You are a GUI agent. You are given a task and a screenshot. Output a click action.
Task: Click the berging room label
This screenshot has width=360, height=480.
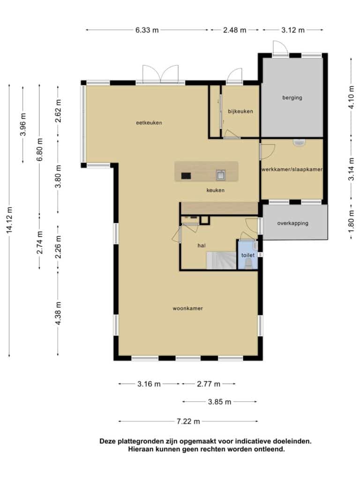coord(292,97)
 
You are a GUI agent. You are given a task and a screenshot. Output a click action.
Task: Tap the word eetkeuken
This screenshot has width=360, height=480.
coord(149,123)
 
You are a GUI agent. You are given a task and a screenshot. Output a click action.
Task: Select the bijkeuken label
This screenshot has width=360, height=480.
coord(240,112)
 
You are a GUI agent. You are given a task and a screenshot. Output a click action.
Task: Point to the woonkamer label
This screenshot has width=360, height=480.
coord(187,308)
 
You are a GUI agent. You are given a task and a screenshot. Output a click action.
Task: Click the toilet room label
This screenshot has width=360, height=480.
coord(248,255)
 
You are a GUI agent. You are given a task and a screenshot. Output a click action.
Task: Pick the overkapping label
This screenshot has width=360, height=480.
coord(292,223)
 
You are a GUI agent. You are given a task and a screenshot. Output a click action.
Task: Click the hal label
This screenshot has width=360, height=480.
coord(202,246)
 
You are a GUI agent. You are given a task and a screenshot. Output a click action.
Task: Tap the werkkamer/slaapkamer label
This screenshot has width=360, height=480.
coord(292,169)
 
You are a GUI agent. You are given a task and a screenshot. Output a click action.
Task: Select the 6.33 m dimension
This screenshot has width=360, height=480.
coord(147,30)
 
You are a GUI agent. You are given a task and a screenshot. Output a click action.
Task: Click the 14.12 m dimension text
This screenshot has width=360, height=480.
coord(9,220)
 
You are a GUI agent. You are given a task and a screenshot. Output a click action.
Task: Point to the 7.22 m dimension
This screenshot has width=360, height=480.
coord(188,421)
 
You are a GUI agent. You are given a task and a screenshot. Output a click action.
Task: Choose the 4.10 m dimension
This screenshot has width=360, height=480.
coord(352,97)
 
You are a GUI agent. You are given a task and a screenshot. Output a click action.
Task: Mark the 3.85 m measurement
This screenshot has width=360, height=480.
coord(219,402)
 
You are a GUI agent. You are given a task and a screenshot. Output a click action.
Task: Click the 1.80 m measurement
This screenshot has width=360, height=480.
coord(352,220)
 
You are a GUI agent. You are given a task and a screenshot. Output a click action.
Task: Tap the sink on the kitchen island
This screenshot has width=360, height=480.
coord(221,175)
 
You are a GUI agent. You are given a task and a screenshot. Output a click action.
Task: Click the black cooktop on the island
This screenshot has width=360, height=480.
coord(186,176)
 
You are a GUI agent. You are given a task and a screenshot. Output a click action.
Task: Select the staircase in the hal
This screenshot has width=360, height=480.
coord(221,261)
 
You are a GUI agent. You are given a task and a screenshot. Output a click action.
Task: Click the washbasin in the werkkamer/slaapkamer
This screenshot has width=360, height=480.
coord(299,142)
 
